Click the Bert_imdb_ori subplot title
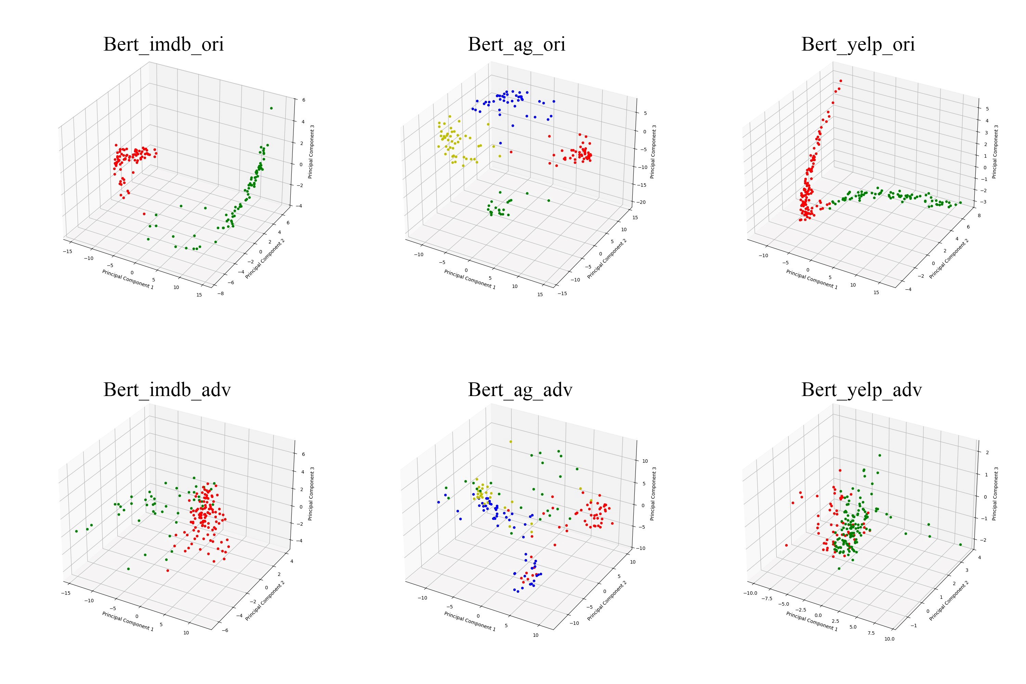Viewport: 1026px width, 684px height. coord(163,44)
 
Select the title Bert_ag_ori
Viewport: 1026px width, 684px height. coord(516,44)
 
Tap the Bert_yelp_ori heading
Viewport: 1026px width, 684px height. coord(858,44)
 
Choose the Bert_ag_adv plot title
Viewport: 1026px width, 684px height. coord(520,390)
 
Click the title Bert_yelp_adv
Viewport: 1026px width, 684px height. coord(861,390)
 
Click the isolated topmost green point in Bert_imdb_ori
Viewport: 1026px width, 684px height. coord(271,108)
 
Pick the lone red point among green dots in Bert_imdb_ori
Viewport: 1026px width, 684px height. coord(144,214)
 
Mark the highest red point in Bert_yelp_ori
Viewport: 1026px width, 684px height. coord(841,81)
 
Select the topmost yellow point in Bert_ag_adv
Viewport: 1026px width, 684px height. coord(510,442)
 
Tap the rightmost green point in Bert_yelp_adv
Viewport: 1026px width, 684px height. coord(960,544)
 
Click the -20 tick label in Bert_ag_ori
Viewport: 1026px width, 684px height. coord(642,202)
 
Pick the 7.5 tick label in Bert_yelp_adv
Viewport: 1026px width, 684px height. coord(871,633)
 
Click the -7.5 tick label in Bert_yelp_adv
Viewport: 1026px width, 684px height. coord(766,598)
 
